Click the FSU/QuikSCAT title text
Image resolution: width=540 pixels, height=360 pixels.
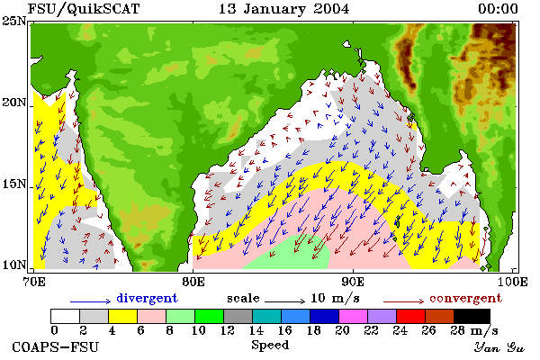coord(84,9)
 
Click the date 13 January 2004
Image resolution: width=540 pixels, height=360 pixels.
coord(283,9)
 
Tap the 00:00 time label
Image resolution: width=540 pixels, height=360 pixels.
coord(498,9)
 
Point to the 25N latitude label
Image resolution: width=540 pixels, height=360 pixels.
coord(14,22)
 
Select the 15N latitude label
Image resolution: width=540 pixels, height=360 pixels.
coord(14,184)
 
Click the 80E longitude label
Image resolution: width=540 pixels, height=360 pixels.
coord(193,282)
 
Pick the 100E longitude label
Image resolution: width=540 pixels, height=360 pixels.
coord(513,282)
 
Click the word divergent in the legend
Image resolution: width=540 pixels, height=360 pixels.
coord(147,298)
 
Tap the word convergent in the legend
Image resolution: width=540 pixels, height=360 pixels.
coord(466,298)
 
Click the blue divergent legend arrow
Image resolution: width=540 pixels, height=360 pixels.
coord(91,301)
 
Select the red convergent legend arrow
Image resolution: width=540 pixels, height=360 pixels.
coord(403,301)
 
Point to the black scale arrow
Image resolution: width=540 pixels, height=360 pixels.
coord(285,301)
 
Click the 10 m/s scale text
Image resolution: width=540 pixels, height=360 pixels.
coord(335,298)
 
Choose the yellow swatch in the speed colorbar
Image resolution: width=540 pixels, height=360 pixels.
coord(123,316)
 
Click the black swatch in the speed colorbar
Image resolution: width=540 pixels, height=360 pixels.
coord(472,316)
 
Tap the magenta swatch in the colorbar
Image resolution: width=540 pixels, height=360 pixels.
coord(354,316)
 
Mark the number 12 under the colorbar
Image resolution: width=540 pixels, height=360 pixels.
coord(228,330)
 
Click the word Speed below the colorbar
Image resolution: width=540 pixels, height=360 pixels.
coord(270,346)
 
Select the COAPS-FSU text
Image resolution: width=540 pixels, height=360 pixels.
coord(56,346)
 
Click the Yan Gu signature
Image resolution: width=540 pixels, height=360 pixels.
coord(499,347)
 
